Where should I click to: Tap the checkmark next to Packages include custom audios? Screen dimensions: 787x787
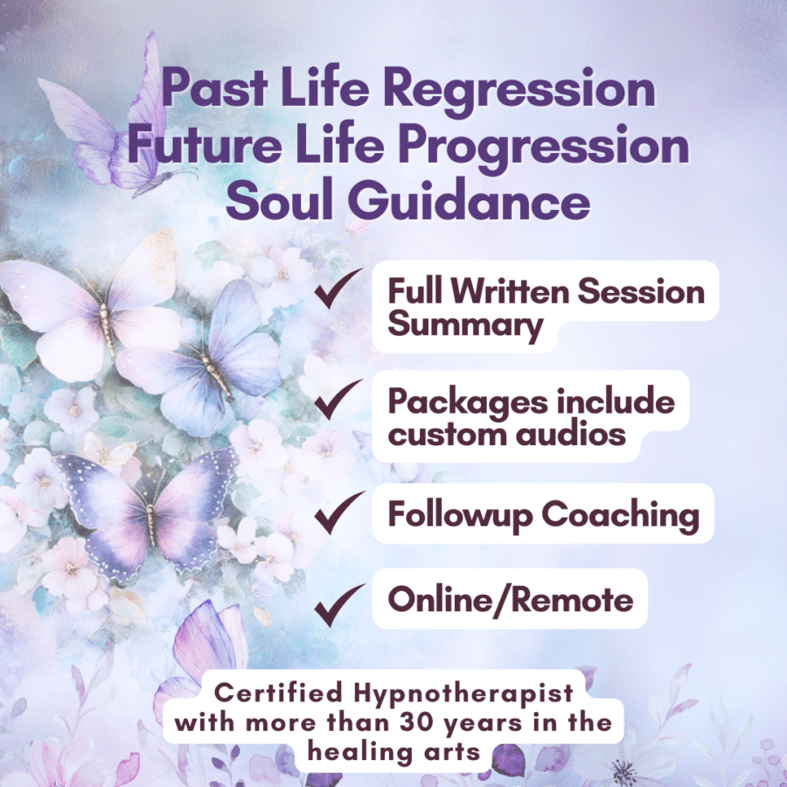click(x=338, y=400)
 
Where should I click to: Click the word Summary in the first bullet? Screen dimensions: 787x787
click(x=465, y=326)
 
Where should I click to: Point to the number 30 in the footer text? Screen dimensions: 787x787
click(x=418, y=723)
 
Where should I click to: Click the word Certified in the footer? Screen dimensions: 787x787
click(x=279, y=693)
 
